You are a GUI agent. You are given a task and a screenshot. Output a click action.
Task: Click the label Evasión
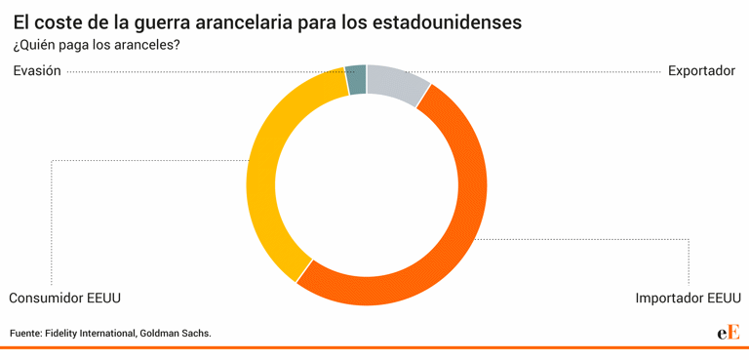pos(37,71)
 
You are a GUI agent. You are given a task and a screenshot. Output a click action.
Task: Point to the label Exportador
pos(701,71)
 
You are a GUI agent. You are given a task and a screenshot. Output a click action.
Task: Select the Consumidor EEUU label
pos(64,299)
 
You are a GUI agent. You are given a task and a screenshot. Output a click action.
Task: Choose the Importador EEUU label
pos(688,299)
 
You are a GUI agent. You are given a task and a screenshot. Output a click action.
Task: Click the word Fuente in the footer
pos(25,334)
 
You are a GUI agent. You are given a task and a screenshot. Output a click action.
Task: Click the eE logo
pos(728,333)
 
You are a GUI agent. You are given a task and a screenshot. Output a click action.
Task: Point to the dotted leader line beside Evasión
pos(195,71)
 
